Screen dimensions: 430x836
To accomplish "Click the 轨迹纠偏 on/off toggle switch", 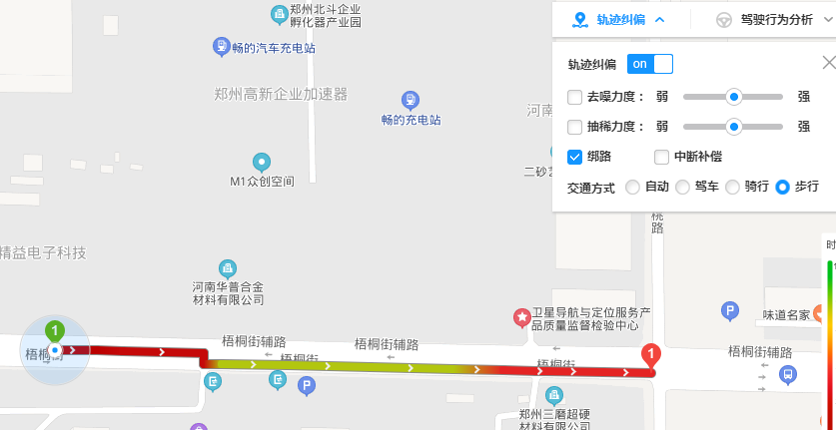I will [x=649, y=64].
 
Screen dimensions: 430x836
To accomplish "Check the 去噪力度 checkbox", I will [x=574, y=97].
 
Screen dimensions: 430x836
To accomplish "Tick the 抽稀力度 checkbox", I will [x=574, y=127].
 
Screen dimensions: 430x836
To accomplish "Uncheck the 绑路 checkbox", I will [x=574, y=157].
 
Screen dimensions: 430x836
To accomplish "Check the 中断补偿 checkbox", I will [x=661, y=157].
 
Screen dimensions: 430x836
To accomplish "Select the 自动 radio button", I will [x=632, y=187].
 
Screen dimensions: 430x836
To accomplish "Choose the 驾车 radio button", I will [x=682, y=187].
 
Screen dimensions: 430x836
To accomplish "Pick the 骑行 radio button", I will [x=732, y=187].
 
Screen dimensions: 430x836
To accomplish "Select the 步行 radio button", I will [x=782, y=187].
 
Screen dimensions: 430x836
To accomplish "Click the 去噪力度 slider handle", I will [x=734, y=97].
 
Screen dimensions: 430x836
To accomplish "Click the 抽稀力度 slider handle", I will [x=734, y=127].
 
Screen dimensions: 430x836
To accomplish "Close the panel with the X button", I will [x=828, y=63].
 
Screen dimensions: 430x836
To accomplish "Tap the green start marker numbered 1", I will [x=55, y=330].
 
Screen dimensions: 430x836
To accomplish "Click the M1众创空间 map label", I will [x=263, y=182].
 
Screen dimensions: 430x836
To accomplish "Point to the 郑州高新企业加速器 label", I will [x=281, y=94].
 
